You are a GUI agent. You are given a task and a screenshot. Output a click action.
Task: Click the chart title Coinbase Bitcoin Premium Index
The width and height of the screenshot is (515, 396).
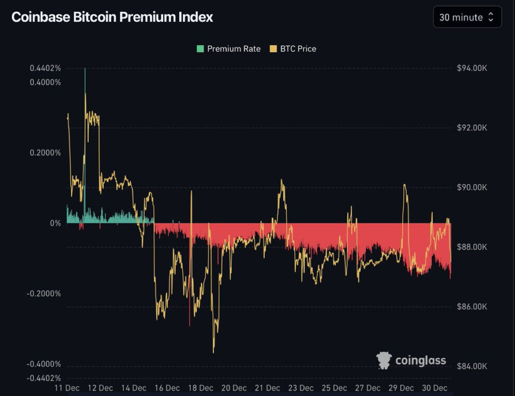coord(112,17)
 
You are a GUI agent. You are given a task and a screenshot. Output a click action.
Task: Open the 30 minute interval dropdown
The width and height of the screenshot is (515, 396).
coord(467,17)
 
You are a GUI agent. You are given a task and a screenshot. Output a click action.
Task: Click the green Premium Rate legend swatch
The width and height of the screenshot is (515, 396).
coord(200,49)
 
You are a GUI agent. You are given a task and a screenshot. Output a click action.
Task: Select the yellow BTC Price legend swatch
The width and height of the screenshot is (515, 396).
coord(273,49)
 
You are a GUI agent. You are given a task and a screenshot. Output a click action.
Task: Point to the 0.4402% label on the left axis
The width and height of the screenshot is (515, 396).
coord(46,68)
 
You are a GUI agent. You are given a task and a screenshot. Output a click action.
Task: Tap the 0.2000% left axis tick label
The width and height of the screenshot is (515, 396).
coord(46,153)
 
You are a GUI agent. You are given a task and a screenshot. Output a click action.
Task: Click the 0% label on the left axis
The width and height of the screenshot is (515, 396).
coord(55,223)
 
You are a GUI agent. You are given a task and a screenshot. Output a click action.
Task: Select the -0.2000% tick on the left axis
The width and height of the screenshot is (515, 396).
coord(44,293)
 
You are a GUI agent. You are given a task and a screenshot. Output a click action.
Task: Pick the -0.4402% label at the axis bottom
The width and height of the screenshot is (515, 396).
coord(44,378)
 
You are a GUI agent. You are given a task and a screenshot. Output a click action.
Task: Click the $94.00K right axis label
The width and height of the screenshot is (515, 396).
coord(472,68)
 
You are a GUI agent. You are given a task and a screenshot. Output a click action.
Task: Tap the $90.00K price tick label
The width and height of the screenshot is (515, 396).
coord(472,187)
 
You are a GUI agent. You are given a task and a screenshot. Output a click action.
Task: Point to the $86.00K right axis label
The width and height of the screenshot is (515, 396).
coord(472,307)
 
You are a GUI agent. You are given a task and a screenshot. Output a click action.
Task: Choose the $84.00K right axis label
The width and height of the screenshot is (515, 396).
coord(472,366)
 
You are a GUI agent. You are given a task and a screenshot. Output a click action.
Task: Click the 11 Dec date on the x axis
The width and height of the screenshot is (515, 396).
coord(67,388)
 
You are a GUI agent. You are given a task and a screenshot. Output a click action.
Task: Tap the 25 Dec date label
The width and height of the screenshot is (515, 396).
coord(334,388)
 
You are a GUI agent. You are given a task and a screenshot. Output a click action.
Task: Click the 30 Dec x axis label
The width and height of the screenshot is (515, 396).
coord(434,388)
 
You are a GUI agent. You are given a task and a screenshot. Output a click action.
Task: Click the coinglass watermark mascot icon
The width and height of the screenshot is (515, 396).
coord(384,360)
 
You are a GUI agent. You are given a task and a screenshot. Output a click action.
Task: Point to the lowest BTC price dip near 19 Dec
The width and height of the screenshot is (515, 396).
coord(213,352)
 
